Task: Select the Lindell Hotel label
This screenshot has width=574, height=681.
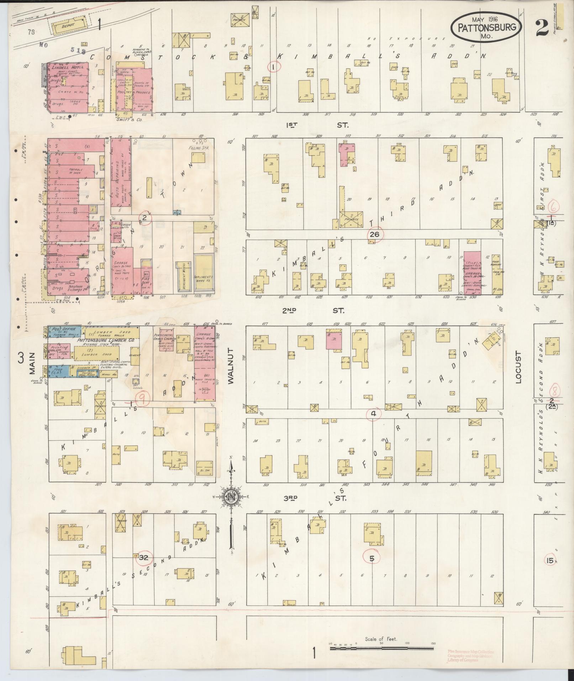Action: (67, 67)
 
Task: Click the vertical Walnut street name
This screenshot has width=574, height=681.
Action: (231, 367)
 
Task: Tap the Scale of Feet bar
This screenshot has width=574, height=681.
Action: (383, 649)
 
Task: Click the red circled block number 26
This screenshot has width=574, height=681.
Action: (374, 234)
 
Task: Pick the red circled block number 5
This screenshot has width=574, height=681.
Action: (372, 558)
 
